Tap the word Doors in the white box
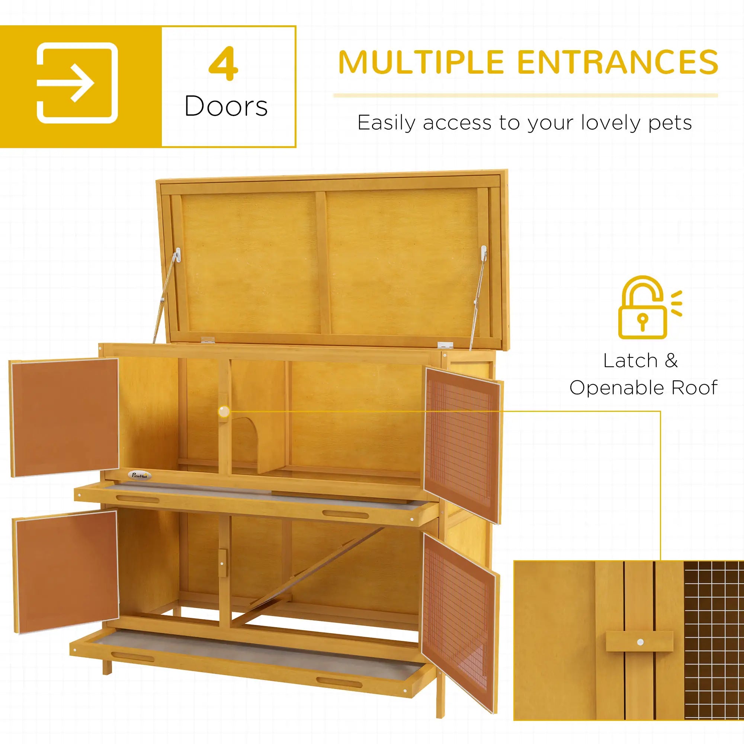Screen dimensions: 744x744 226,106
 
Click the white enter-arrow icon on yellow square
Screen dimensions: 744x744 77,83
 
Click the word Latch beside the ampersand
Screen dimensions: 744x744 630,361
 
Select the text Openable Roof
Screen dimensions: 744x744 643,387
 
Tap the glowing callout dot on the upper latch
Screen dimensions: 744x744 223,412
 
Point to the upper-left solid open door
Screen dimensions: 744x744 64,417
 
